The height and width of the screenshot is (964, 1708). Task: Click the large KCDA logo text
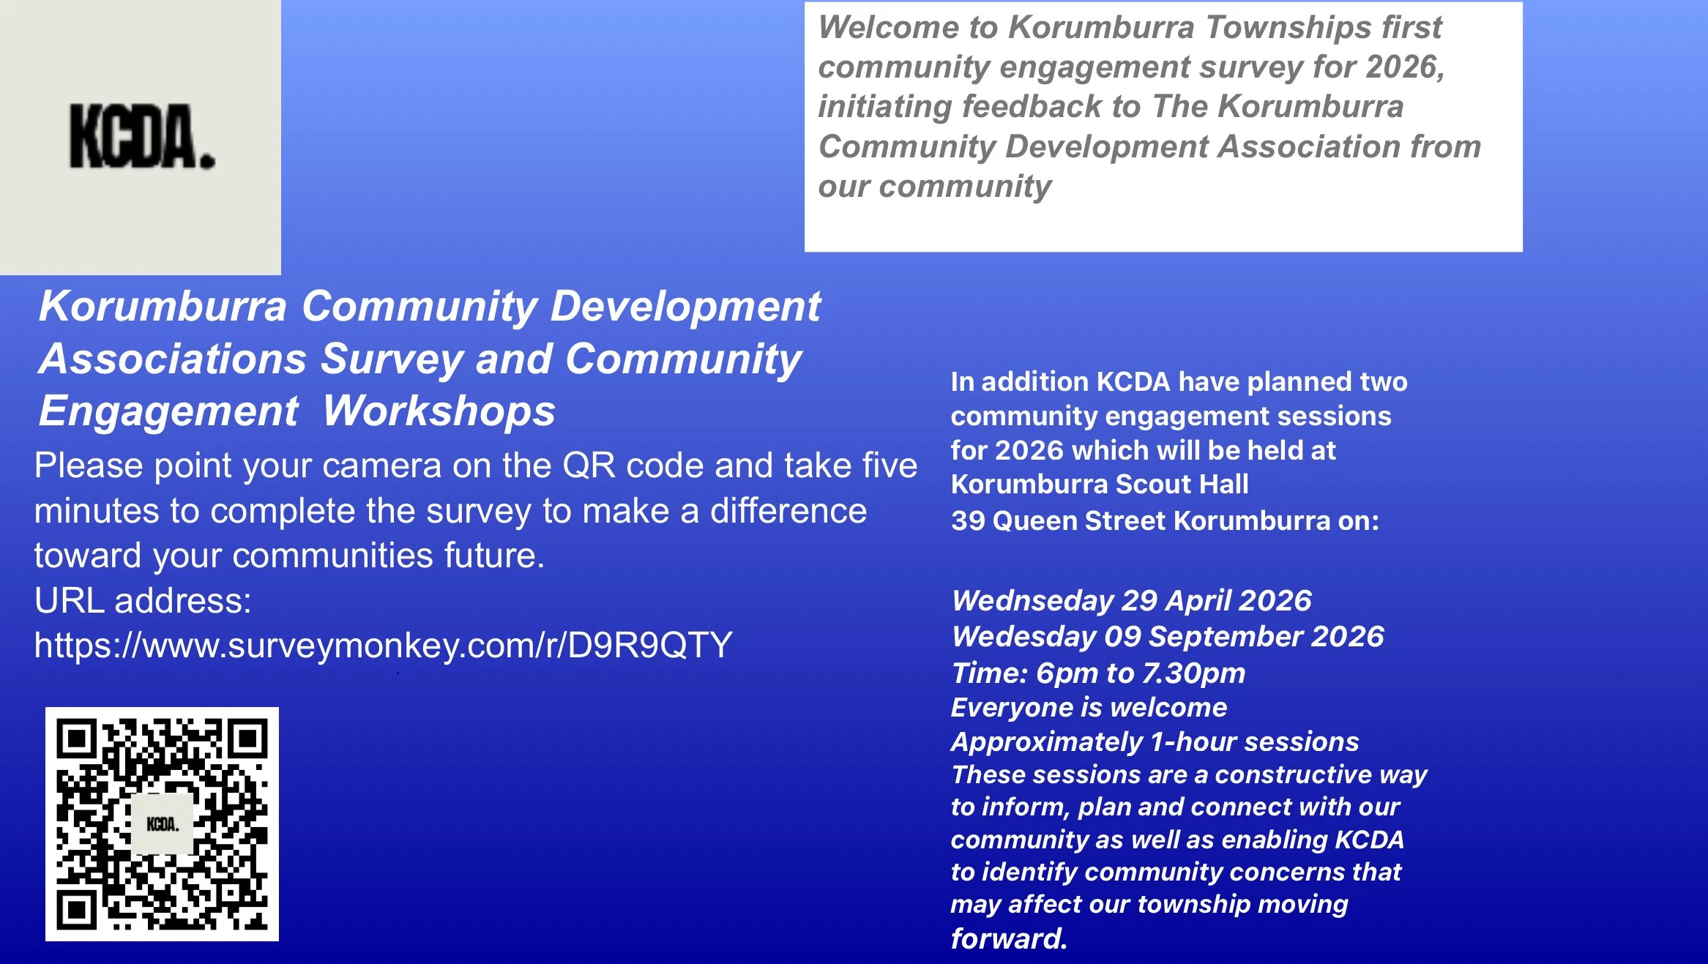tap(142, 137)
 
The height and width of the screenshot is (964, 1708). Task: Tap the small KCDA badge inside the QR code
tap(163, 824)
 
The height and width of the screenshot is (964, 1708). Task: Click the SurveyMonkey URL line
tap(383, 645)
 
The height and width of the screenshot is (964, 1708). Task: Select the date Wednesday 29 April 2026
tap(1131, 600)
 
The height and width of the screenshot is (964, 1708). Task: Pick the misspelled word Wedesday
tap(1024, 637)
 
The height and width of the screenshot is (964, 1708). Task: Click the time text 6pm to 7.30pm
tap(1141, 673)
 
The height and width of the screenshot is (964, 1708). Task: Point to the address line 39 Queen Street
tap(1164, 520)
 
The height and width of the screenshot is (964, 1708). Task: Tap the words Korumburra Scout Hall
tap(1100, 484)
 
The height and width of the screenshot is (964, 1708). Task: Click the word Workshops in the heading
tap(439, 411)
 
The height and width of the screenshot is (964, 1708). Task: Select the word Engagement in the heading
tap(168, 411)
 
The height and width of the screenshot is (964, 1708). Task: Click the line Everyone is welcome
tap(1089, 707)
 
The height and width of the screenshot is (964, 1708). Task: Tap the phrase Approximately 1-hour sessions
tap(1155, 741)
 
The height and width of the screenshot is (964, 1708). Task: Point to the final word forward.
tap(1008, 938)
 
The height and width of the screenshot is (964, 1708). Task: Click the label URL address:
tap(143, 600)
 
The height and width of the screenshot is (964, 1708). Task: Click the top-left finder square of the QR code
tap(76, 739)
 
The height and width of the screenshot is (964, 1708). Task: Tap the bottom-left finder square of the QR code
tap(76, 910)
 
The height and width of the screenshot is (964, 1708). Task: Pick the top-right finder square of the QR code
tap(248, 739)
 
